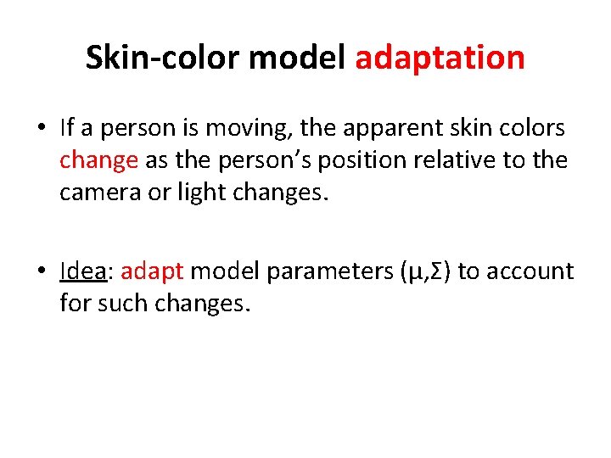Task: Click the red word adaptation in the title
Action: coord(440,58)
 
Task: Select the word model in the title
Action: coord(302,58)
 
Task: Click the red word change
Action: coord(98,159)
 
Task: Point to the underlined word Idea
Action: coord(83,271)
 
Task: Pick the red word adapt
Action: coord(153,272)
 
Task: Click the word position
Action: coord(349,159)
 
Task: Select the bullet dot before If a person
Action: coord(41,129)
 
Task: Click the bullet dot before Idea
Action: coord(41,271)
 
